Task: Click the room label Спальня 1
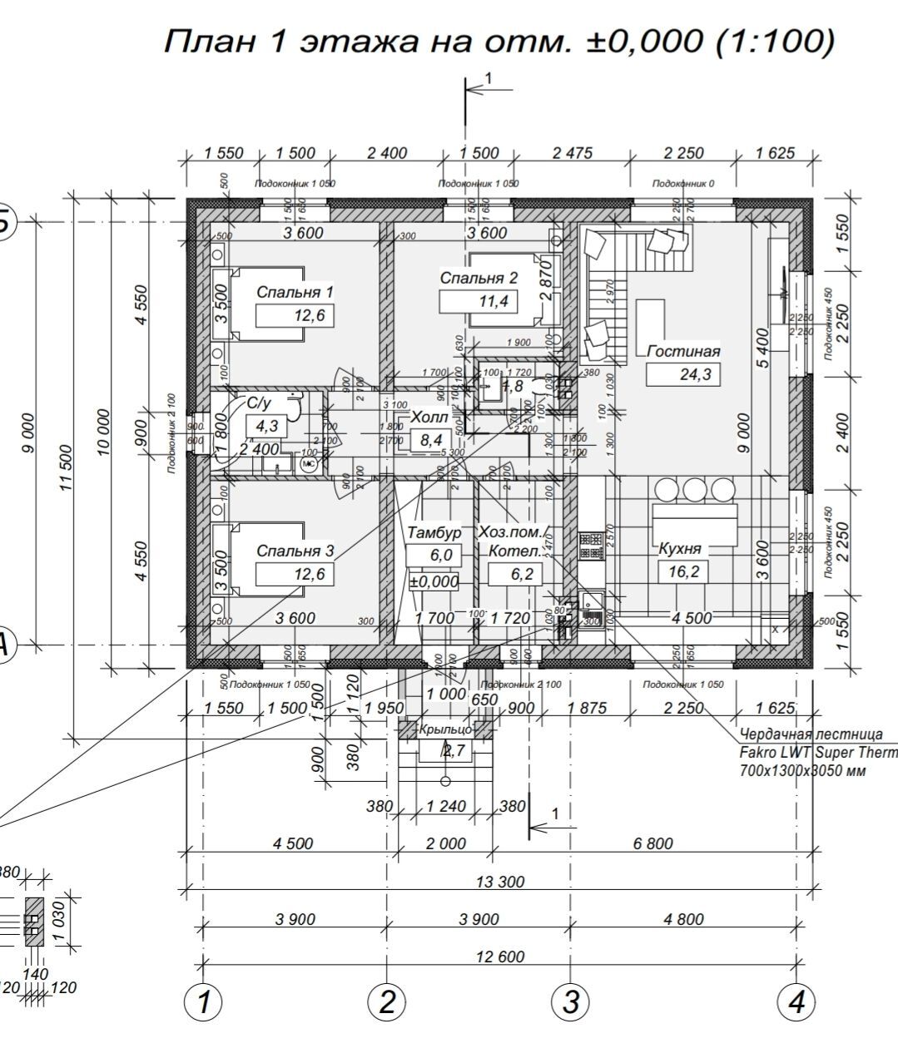tap(295, 292)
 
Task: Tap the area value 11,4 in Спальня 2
tap(494, 300)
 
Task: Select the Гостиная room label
tap(683, 351)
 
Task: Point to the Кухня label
tap(680, 549)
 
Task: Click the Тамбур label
tap(434, 532)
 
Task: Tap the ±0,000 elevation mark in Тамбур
tap(434, 581)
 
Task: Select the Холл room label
tap(429, 418)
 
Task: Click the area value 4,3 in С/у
tap(266, 427)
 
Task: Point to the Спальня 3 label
tap(295, 551)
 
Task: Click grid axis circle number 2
tap(386, 1002)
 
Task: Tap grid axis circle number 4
tap(796, 1002)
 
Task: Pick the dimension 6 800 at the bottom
tap(652, 843)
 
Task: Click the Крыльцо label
tap(445, 729)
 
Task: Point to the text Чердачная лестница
tap(811, 735)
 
